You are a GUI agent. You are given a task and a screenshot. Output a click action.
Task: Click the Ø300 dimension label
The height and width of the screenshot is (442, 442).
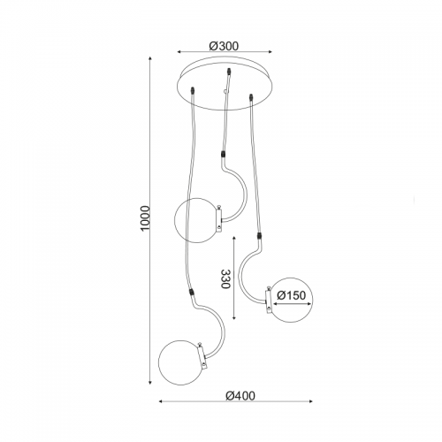tap(224, 46)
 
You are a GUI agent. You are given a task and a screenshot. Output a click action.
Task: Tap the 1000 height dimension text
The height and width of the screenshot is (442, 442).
tap(146, 218)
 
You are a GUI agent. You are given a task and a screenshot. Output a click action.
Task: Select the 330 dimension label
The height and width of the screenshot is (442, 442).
tap(225, 278)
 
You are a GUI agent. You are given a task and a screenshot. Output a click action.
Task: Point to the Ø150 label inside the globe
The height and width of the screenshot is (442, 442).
tap(292, 295)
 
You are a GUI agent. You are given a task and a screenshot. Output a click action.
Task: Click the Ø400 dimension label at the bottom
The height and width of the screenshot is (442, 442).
tap(240, 395)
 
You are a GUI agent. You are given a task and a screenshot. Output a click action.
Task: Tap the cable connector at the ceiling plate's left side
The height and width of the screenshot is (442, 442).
tap(193, 90)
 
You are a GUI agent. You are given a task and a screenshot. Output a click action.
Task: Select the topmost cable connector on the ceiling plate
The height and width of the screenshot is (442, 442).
tap(228, 72)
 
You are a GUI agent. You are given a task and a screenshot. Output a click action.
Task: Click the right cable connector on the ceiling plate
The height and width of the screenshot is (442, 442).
tap(251, 97)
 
